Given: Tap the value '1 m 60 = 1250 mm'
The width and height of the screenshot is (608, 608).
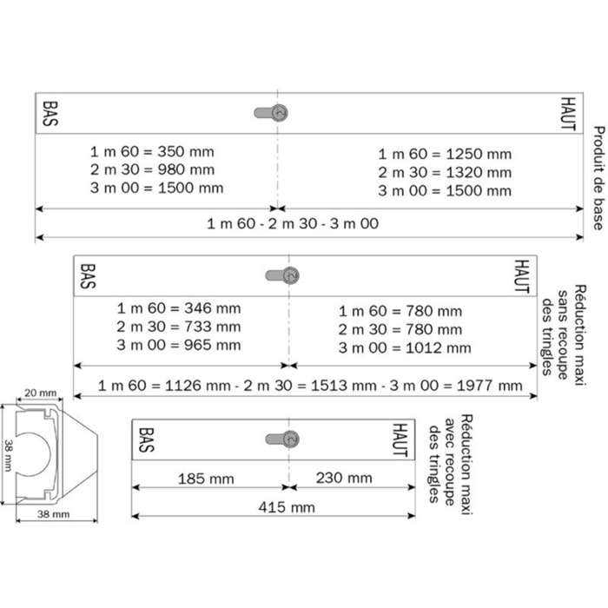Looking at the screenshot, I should point(444,154).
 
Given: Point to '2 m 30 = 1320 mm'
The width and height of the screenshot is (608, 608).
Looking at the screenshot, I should point(444,172).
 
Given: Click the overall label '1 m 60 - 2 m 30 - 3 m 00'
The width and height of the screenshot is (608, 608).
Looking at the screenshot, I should point(293,223).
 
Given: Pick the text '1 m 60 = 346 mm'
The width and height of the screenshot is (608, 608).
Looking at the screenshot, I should point(179,307).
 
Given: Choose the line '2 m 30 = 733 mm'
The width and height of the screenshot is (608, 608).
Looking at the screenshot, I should point(179,327).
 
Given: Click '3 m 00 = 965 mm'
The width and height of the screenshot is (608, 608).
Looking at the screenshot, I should point(179,345).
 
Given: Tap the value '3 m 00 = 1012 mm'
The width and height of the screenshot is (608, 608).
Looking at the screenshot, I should point(405,347).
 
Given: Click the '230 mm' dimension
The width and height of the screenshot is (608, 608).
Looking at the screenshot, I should point(345,478).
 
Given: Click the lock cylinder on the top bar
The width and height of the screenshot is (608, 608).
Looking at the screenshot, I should point(273,112).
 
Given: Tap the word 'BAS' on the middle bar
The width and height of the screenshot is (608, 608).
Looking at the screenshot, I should point(87,275).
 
